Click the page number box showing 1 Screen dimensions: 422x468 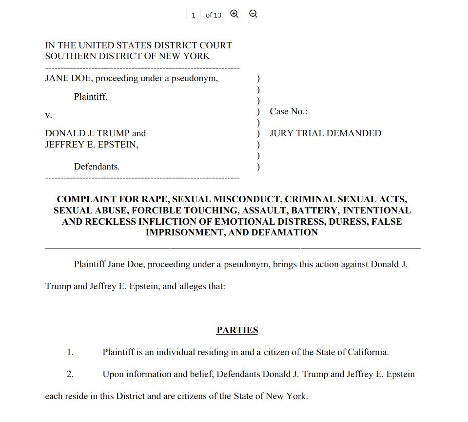193,15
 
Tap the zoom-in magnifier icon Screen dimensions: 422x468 234,14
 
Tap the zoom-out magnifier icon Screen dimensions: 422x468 253,14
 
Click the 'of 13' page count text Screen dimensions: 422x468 213,15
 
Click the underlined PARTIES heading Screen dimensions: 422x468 237,330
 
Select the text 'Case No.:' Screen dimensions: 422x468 288,111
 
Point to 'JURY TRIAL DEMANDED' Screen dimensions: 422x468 325,133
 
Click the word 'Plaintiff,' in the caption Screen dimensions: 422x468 91,97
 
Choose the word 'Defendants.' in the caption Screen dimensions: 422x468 97,167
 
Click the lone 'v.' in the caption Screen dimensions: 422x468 48,115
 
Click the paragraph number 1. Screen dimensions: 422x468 70,352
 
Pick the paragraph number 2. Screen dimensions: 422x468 70,374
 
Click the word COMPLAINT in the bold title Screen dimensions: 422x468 86,199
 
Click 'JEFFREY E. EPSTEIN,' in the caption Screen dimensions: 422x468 92,145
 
